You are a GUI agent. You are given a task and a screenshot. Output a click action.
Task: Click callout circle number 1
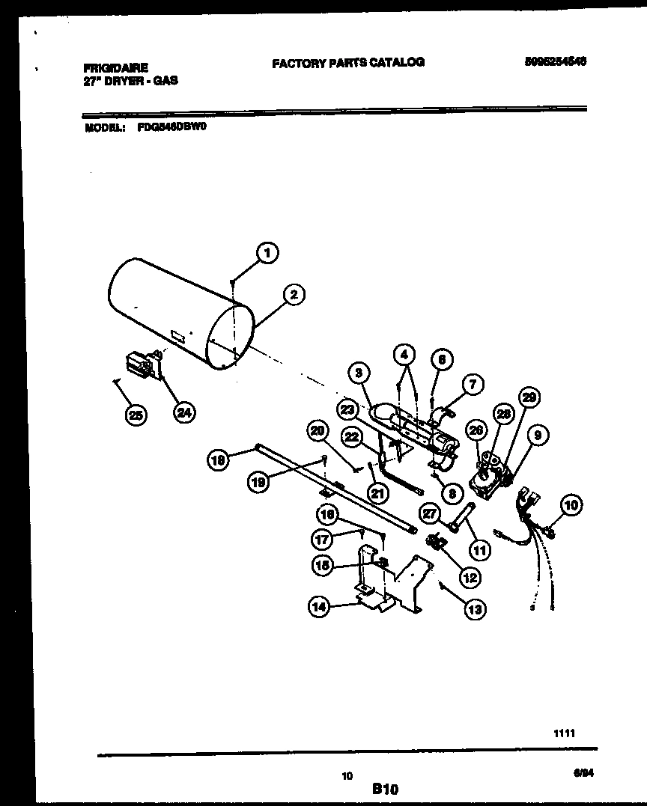(267, 254)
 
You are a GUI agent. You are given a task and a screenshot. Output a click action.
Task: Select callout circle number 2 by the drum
(294, 295)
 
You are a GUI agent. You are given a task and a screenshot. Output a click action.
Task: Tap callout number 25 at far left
(136, 415)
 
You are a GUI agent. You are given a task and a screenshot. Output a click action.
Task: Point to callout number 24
(182, 411)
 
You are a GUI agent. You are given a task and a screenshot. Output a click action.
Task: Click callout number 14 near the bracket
(319, 607)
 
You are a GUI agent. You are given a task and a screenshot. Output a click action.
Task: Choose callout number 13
(474, 610)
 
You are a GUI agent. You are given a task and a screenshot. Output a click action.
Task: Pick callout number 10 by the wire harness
(571, 505)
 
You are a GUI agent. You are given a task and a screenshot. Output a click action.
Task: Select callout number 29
(529, 399)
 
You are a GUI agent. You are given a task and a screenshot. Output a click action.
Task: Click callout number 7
(473, 385)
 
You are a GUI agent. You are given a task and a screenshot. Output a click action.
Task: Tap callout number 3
(359, 372)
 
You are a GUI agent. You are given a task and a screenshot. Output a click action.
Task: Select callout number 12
(470, 577)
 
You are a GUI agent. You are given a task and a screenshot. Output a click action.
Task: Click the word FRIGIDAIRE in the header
(116, 67)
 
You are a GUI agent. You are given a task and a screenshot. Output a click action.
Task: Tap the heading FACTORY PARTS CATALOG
(347, 63)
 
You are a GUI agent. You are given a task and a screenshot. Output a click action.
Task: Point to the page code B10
(385, 788)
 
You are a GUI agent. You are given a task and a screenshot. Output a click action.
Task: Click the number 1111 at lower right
(564, 734)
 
